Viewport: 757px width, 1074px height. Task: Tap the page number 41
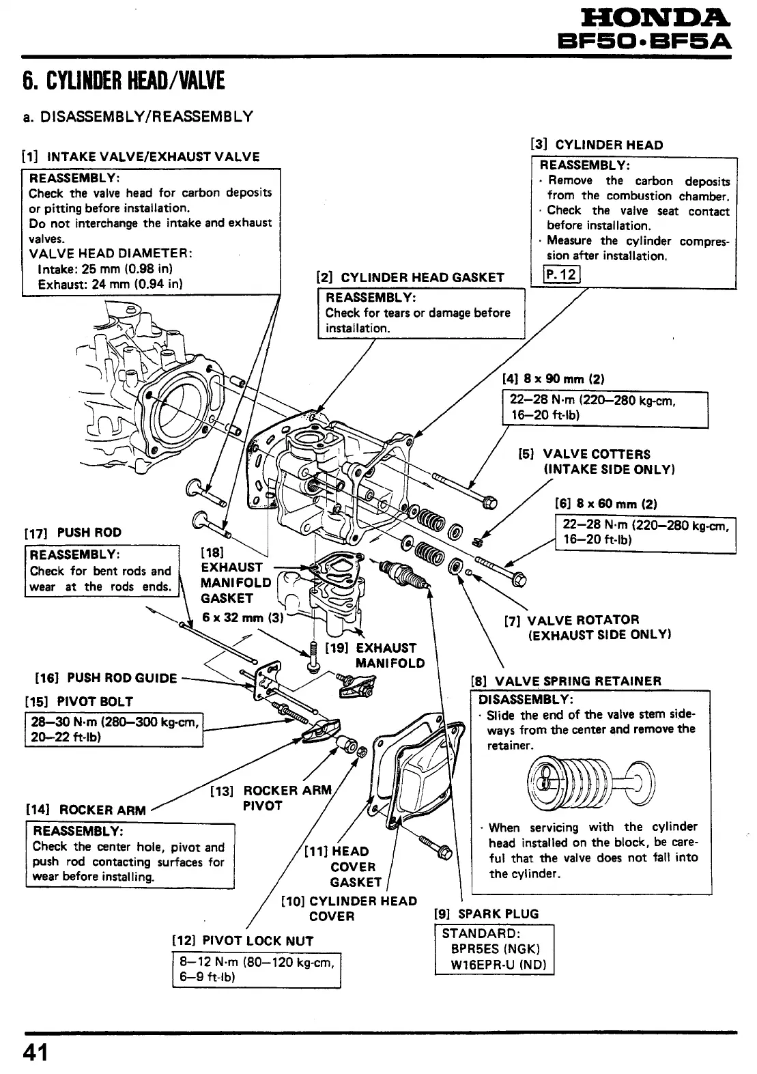pos(35,1052)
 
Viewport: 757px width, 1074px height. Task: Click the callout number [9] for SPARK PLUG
pos(444,914)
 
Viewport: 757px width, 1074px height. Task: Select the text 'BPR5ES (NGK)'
pos(495,949)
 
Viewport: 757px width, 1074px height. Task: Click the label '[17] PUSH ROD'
pos(73,533)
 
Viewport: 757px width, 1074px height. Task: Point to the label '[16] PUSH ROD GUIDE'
pos(106,678)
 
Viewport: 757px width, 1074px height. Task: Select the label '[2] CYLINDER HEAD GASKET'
pos(410,278)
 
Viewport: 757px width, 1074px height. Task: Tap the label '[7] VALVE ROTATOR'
pos(572,620)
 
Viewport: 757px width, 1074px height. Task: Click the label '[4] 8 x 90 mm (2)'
pos(554,379)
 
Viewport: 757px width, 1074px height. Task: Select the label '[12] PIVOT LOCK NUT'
pos(243,941)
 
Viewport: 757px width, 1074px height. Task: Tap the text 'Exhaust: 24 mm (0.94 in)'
pos(110,283)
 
